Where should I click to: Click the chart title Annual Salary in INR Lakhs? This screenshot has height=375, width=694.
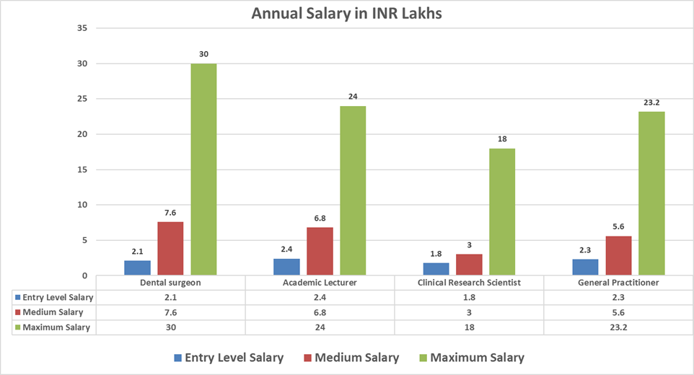point(346,13)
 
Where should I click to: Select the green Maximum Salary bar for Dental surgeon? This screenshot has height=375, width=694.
point(203,169)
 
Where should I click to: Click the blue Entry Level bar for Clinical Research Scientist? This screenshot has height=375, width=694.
point(436,269)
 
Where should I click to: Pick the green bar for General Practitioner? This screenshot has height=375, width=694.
point(651,193)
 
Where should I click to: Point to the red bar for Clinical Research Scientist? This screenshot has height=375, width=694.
point(469,265)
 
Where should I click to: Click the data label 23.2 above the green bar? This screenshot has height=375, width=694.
point(651,103)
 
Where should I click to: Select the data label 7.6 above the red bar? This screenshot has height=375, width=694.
point(170,213)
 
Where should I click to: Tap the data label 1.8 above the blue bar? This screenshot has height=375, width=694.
point(436,254)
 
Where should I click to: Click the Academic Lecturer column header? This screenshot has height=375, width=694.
point(320,283)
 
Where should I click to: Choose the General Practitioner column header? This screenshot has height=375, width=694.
point(618,283)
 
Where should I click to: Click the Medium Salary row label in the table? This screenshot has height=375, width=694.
point(53,312)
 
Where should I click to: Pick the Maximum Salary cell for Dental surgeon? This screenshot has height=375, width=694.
point(170,327)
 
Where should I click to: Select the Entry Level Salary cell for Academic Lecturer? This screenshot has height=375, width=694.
point(320,297)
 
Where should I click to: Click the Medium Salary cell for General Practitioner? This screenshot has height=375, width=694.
point(618,312)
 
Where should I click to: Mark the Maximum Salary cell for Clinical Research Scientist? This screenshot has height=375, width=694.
point(469,327)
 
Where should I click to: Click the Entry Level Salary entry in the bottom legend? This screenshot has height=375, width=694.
point(228,358)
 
